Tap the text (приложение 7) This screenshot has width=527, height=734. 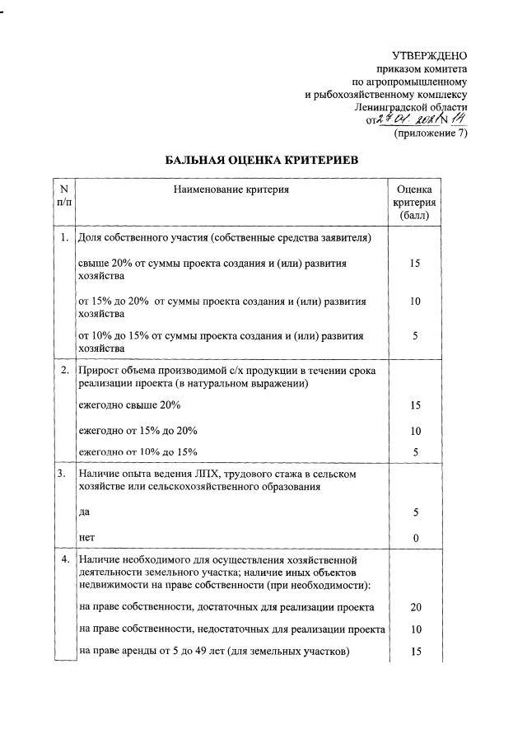[431, 133]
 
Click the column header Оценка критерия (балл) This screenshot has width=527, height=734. [415, 203]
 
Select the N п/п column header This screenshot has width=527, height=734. [63, 196]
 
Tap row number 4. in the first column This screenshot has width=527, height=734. [63, 560]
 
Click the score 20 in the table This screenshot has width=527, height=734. [416, 607]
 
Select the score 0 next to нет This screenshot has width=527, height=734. [416, 538]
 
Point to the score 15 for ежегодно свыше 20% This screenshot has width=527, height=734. [416, 406]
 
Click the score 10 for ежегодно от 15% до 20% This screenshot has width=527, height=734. [416, 430]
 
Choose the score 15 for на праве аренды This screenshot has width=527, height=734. [416, 652]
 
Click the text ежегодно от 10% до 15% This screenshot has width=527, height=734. [138, 451]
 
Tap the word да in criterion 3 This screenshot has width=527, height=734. [83, 512]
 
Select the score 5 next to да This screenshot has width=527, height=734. [416, 512]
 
